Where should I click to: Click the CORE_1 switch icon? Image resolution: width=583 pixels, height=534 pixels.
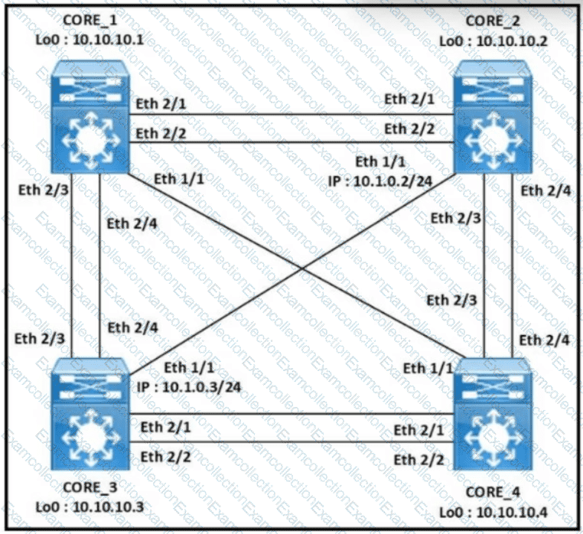(90, 117)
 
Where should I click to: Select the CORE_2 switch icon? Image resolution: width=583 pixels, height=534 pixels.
(493, 117)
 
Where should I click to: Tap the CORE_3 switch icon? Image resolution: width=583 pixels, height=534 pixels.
(90, 414)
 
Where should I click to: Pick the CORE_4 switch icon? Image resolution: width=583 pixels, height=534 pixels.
(493, 414)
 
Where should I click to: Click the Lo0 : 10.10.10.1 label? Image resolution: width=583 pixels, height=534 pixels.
(90, 40)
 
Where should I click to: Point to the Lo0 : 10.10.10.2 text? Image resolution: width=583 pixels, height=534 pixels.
(493, 41)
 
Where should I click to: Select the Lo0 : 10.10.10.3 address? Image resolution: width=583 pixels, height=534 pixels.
(90, 506)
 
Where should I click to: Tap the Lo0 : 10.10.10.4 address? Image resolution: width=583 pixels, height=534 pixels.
(493, 512)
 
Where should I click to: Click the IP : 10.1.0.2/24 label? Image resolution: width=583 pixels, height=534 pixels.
(380, 181)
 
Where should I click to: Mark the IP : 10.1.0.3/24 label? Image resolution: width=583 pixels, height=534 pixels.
(189, 387)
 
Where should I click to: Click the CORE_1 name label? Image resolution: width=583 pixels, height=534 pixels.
(90, 20)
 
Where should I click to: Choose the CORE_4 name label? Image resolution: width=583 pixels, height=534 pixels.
(493, 493)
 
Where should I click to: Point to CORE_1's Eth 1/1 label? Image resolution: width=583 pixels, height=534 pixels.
(179, 179)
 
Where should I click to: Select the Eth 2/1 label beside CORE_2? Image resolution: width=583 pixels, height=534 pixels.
(409, 99)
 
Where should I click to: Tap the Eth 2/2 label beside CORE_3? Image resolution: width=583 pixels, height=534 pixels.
(165, 457)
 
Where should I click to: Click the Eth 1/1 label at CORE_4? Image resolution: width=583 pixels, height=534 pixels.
(428, 368)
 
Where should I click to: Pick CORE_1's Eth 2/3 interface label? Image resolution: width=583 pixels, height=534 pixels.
(44, 190)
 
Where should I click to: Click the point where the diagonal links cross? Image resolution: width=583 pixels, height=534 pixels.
(302, 269)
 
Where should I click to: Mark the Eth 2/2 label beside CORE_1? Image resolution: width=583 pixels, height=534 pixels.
(161, 133)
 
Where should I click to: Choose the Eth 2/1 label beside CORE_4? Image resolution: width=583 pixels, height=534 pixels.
(419, 430)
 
